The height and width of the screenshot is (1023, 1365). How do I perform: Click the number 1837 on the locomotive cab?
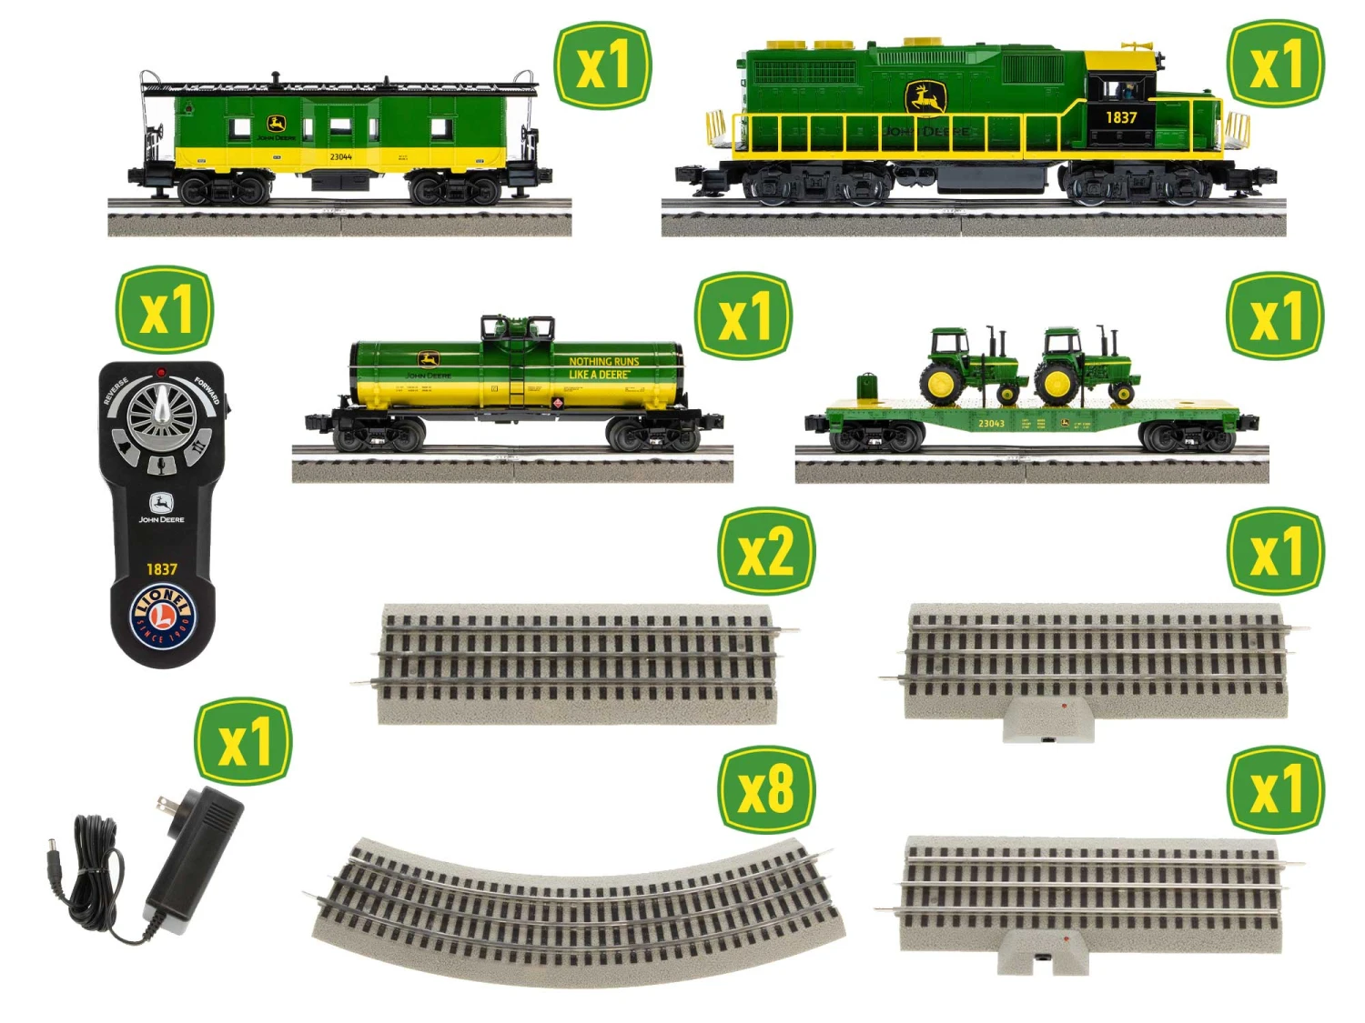tap(1121, 117)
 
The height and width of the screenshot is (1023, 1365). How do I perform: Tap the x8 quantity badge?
tap(766, 789)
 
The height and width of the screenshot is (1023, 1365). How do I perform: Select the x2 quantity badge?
tap(766, 551)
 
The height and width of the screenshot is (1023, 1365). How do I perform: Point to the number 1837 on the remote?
tap(162, 569)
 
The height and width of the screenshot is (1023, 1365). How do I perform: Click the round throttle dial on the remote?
tap(163, 415)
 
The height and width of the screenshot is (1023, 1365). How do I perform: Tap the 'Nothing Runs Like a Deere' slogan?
tap(603, 367)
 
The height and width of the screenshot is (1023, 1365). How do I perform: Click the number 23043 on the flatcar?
tap(991, 424)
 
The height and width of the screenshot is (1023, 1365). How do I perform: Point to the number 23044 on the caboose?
tap(340, 157)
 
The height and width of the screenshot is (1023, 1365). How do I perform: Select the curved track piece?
tap(578, 909)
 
